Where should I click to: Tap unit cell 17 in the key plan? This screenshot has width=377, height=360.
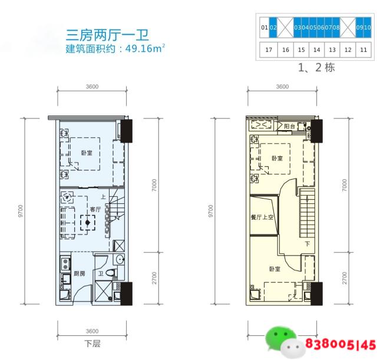269,50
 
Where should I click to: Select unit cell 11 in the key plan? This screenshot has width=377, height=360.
363,50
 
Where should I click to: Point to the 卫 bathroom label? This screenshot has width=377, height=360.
101,273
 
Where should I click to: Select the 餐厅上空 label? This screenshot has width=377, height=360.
262,217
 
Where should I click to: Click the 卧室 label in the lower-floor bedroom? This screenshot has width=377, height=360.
87,154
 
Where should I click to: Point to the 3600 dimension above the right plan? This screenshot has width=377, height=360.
282,87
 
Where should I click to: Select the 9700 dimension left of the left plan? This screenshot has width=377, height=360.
21,210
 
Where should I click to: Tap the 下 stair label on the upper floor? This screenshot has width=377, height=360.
307,243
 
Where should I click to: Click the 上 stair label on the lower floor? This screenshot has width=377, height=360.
102,197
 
